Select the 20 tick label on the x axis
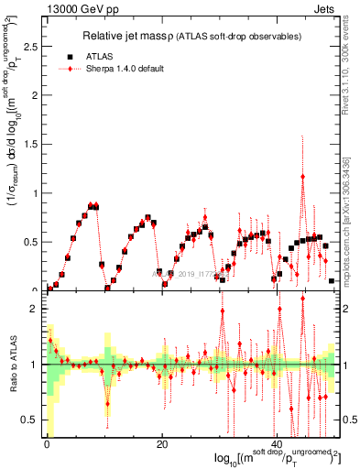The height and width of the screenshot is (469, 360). coord(162,444)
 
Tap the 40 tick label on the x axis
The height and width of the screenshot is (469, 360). coord(277,444)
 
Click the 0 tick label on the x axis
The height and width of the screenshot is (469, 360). coord(47,444)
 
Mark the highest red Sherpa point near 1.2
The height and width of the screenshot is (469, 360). coord(303,177)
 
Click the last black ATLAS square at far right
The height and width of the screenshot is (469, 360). coord(332,281)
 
